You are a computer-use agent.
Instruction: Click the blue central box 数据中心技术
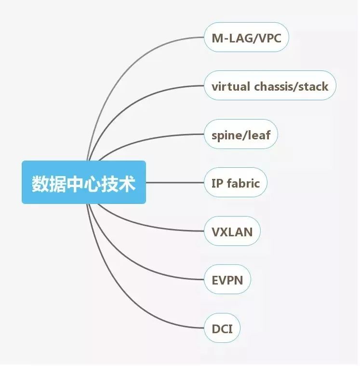(83, 182)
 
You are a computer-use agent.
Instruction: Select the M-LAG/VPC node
(246, 37)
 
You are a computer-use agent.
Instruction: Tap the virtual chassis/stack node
(269, 86)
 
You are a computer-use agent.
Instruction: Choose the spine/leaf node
(241, 135)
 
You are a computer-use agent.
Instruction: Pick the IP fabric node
(235, 183)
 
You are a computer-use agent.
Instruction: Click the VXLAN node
(232, 231)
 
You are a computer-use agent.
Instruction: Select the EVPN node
(227, 280)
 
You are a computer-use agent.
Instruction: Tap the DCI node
(222, 329)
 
